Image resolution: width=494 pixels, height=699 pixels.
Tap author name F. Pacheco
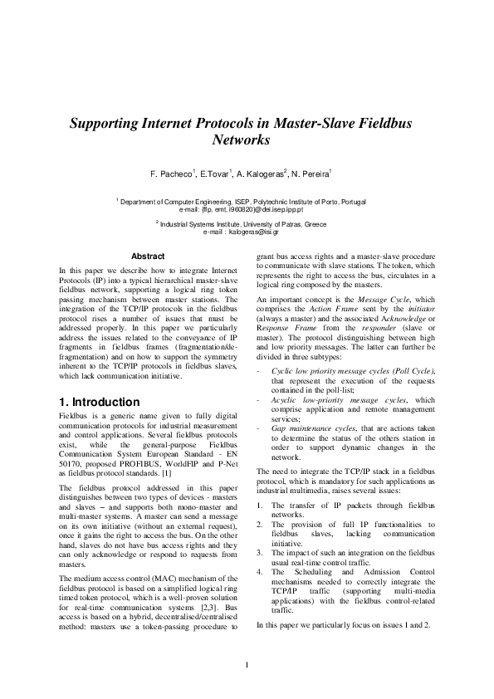pyautogui.click(x=171, y=175)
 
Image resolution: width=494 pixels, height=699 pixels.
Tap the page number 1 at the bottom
pyautogui.click(x=247, y=665)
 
